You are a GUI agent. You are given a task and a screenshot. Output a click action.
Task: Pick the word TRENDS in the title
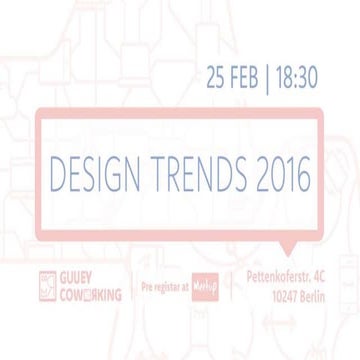(x=186, y=175)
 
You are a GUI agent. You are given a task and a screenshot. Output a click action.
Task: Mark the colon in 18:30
(x=295, y=75)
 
